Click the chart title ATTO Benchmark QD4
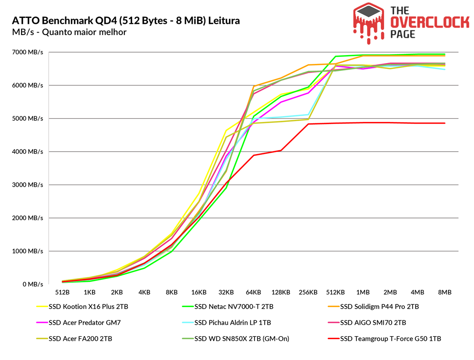[x=126, y=20]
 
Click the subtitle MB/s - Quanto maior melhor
[x=69, y=32]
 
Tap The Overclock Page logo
[x=411, y=23]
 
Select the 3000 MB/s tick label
[x=28, y=185]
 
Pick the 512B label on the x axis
[x=62, y=292]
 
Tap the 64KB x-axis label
[x=253, y=292]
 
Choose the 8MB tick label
[x=444, y=292]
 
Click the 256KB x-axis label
[x=308, y=292]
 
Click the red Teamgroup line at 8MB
[x=444, y=123]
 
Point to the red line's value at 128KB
[x=281, y=150]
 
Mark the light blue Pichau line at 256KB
[x=308, y=114]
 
